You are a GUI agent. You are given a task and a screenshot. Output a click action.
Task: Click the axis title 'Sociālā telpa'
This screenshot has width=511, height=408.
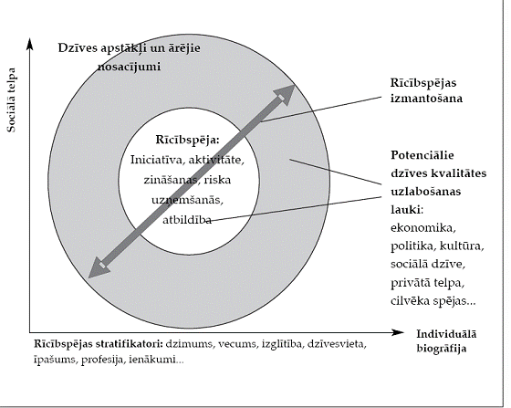11,100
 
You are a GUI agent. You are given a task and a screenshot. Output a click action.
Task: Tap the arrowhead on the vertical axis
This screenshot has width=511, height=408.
29,45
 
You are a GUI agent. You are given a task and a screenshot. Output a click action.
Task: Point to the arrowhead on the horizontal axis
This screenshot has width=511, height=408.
397,332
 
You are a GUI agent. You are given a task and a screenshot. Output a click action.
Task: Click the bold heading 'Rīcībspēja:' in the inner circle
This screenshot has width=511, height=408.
187,140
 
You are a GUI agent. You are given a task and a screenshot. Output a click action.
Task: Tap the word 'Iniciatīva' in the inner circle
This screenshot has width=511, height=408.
158,160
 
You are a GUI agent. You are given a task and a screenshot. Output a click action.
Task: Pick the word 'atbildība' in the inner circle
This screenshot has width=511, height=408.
187,220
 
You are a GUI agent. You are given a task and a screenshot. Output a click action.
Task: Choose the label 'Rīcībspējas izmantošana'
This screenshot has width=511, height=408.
426,90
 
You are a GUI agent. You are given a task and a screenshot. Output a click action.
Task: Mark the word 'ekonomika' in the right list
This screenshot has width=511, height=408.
422,227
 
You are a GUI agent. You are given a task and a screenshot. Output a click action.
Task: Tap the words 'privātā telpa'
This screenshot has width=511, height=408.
427,283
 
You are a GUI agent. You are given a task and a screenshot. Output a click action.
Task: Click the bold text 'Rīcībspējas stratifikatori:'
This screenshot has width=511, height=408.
99,344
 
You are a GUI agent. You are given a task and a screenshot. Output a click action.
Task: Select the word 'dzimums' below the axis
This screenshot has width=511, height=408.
190,344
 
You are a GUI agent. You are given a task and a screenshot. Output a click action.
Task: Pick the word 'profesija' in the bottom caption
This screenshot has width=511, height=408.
104,360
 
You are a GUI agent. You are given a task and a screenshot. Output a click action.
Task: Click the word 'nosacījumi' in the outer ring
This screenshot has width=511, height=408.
129,67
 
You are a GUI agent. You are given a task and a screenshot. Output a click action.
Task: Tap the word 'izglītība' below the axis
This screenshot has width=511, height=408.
282,344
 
